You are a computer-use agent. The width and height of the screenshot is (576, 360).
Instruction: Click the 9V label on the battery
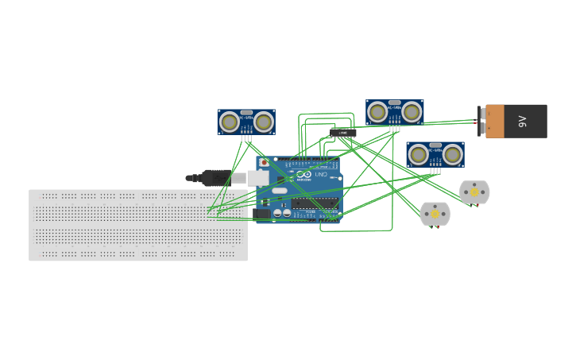tap(523, 122)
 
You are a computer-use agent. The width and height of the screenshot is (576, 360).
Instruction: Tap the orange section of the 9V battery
tap(495, 122)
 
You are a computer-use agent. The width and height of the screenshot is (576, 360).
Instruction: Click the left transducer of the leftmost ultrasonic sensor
tap(230, 122)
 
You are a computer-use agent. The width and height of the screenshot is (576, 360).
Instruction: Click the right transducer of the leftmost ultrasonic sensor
tap(264, 122)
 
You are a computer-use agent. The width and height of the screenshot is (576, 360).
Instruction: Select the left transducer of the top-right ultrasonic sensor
tap(377, 112)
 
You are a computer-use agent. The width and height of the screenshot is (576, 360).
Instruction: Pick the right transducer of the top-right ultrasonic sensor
tap(412, 112)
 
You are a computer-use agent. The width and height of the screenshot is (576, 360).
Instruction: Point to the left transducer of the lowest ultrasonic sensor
tap(419, 154)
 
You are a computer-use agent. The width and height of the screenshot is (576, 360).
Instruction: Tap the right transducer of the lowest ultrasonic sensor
tap(453, 154)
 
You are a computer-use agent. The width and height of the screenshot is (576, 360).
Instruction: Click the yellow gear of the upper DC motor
tap(474, 192)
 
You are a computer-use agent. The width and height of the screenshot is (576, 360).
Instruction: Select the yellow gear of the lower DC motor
tap(435, 214)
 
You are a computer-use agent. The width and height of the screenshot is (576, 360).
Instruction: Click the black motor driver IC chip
tap(342, 133)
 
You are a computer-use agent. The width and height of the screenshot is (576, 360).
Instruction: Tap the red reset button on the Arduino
tap(264, 163)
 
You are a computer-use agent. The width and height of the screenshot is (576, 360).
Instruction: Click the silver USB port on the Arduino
tap(257, 178)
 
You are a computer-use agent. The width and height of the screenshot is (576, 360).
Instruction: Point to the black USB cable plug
tap(215, 178)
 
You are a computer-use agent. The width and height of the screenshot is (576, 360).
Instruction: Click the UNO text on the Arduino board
tap(319, 175)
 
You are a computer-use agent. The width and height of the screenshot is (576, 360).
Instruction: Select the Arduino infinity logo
tap(303, 175)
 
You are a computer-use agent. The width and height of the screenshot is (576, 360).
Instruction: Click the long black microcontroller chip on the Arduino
tap(314, 203)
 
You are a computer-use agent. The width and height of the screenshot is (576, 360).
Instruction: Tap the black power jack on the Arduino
tap(261, 213)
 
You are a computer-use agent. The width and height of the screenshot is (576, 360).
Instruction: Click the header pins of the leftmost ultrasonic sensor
tap(246, 138)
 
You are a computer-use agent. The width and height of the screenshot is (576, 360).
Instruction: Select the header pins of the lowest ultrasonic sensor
tap(435, 171)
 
